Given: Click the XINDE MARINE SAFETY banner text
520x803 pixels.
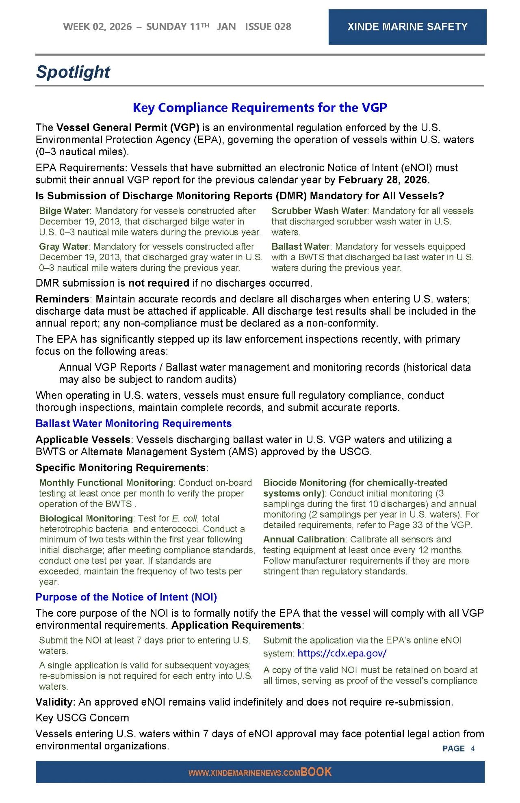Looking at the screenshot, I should [407, 27].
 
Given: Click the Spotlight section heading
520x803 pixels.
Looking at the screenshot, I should [73, 72].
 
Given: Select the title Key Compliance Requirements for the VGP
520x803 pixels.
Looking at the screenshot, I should [260, 108].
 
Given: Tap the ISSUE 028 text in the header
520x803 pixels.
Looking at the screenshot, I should [268, 27].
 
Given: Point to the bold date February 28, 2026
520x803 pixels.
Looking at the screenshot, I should [383, 180].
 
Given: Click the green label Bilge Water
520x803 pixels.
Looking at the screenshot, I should [64, 211].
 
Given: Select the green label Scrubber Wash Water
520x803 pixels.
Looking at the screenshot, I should [319, 211].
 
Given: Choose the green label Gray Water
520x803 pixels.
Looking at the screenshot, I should [63, 247].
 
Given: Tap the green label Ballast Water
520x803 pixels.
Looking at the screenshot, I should [300, 247].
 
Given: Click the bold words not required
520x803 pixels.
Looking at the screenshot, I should [159, 283].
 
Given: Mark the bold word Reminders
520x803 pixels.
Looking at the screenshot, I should [62, 299].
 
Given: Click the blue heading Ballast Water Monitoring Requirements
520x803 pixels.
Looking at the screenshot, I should [133, 423].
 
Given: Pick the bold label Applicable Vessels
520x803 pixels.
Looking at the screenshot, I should [82, 440].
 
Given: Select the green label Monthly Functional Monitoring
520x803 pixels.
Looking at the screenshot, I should [106, 483].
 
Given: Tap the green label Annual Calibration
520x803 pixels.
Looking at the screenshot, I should [304, 540].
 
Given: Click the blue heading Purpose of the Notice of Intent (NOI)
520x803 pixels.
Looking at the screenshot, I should [126, 597].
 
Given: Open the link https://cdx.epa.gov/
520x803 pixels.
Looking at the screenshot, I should [342, 653].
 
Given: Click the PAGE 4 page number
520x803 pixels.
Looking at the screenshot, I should [458, 748].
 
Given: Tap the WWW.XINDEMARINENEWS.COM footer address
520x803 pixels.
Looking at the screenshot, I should [244, 773].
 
